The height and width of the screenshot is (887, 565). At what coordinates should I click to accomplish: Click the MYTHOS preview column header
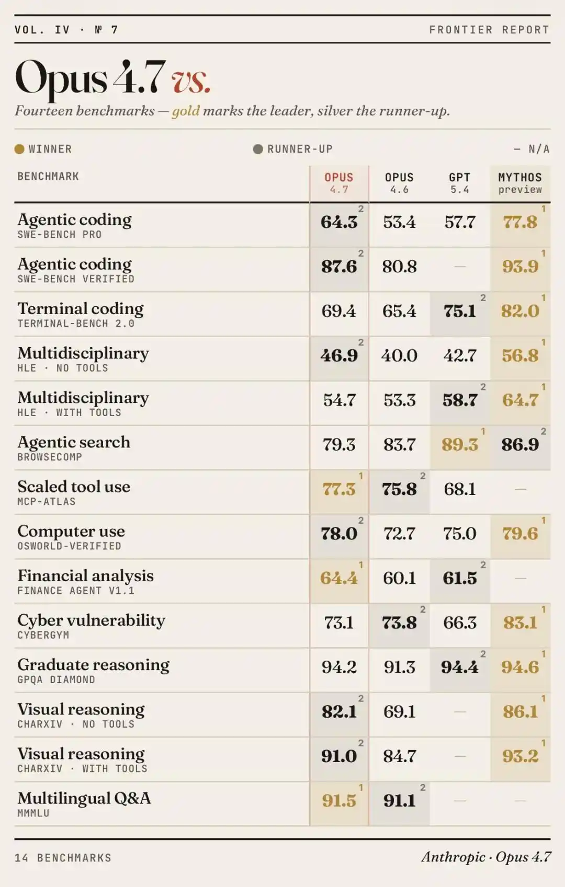(x=519, y=183)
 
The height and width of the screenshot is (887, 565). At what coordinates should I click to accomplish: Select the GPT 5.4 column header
(x=459, y=183)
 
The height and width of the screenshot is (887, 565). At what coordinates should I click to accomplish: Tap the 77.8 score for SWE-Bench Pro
(x=519, y=222)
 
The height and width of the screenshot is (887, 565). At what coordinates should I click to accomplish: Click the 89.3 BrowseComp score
(x=459, y=445)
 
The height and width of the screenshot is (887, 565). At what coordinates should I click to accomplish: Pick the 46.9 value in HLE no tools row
(x=339, y=356)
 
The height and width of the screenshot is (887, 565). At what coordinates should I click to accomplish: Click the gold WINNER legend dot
(x=19, y=149)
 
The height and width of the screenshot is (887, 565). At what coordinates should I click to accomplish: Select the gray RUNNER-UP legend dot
(x=258, y=149)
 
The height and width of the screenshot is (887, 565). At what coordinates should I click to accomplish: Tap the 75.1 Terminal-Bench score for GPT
(x=459, y=312)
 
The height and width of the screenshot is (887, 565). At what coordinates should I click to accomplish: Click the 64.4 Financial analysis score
(x=339, y=578)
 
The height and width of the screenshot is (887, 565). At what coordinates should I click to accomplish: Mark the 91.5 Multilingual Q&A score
(x=339, y=801)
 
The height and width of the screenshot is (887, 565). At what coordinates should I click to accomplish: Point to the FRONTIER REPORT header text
(x=489, y=30)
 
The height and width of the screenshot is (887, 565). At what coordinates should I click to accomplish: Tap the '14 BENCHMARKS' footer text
(x=63, y=858)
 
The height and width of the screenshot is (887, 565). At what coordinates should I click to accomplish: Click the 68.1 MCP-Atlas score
(x=459, y=489)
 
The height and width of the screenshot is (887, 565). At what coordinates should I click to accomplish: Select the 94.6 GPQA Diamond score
(x=519, y=667)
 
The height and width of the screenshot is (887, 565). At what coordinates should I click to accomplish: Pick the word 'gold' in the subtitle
(x=186, y=111)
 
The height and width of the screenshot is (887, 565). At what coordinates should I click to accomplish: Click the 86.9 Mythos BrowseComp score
(x=519, y=445)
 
